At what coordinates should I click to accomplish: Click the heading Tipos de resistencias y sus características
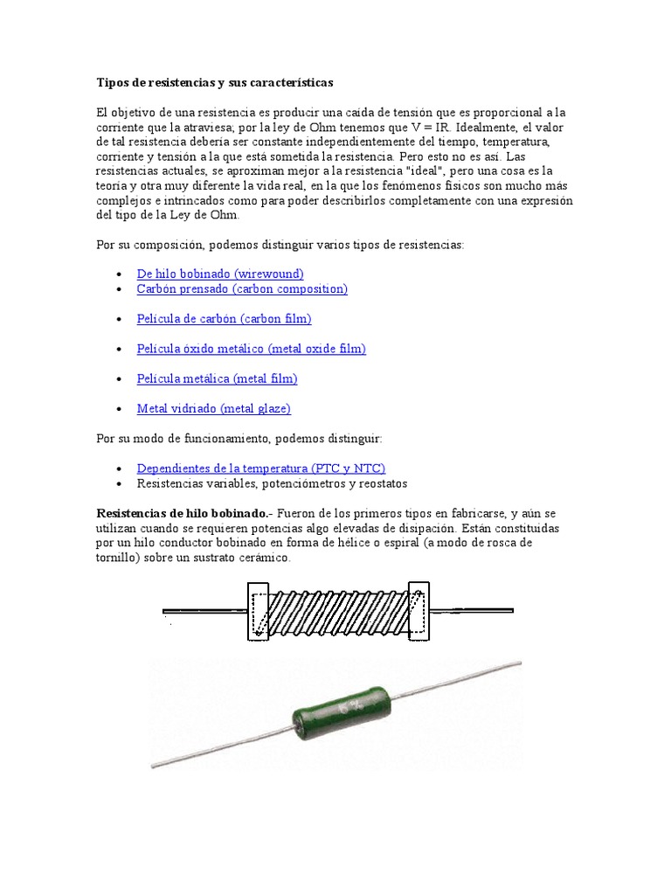(x=214, y=82)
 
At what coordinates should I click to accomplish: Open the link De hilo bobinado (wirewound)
(x=220, y=274)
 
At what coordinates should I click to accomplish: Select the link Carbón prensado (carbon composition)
(x=242, y=288)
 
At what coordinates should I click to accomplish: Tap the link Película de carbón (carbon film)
(x=224, y=318)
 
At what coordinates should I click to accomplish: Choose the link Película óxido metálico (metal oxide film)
(x=251, y=349)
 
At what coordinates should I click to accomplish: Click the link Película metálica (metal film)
(x=217, y=378)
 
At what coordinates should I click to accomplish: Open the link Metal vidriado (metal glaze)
(x=213, y=408)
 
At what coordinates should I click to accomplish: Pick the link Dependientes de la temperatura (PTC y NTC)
(x=260, y=468)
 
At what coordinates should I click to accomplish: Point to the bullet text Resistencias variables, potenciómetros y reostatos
(x=272, y=483)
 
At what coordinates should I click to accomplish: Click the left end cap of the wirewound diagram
(x=259, y=611)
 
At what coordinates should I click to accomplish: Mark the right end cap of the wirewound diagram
(x=419, y=611)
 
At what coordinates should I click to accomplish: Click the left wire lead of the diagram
(x=204, y=611)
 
